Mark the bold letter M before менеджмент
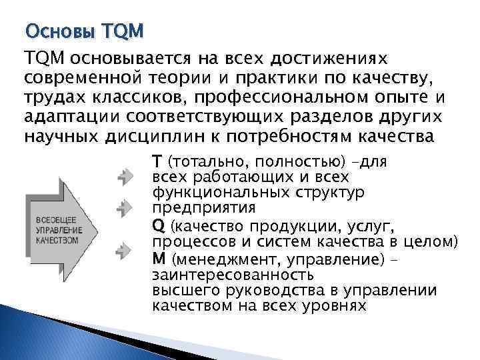coord(158,258)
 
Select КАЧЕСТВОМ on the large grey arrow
coord(57,240)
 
